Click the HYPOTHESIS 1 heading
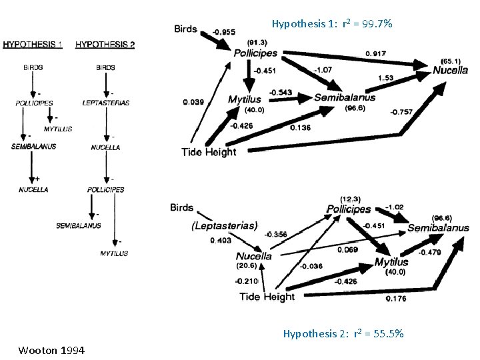click(33, 45)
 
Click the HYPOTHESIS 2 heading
click(105, 45)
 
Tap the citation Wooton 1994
click(51, 349)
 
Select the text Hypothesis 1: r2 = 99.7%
click(332, 24)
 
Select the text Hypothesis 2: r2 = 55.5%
click(343, 333)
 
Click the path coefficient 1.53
click(385, 78)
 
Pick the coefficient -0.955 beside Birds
click(223, 31)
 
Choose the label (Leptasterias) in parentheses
click(224, 225)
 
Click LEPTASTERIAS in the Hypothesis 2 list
click(105, 103)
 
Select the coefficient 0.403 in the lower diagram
click(221, 240)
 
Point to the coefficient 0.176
click(396, 298)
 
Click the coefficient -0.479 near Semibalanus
click(429, 252)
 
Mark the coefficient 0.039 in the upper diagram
click(193, 102)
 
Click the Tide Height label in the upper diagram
click(209, 152)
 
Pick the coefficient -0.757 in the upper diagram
click(400, 111)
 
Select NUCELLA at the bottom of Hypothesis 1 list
click(33, 189)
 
